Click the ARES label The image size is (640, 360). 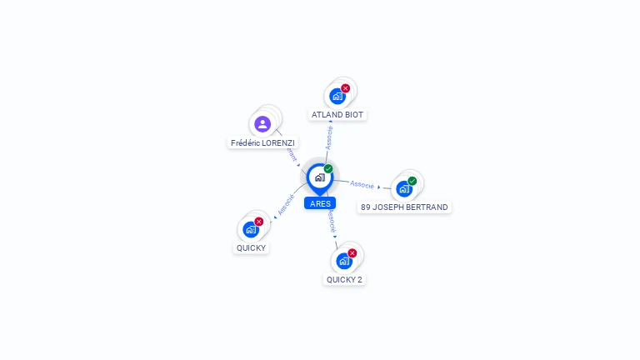click(x=320, y=203)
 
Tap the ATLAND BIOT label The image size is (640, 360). click(x=337, y=114)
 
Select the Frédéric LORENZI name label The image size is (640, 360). click(x=262, y=142)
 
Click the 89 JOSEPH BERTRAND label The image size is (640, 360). click(x=404, y=207)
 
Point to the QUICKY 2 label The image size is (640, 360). click(x=344, y=279)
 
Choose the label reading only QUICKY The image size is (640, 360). click(x=252, y=247)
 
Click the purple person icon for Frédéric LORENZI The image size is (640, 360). click(x=262, y=124)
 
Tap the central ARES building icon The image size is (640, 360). click(x=319, y=177)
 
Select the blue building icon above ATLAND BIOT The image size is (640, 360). click(x=337, y=96)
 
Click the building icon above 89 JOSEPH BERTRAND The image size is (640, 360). click(x=403, y=188)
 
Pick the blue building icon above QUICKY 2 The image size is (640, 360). click(x=343, y=261)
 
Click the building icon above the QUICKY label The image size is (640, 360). click(x=250, y=229)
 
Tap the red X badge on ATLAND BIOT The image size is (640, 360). click(x=345, y=88)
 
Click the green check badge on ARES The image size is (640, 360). click(x=328, y=169)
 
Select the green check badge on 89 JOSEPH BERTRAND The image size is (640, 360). click(x=412, y=181)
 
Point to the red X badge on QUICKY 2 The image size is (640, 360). click(x=352, y=253)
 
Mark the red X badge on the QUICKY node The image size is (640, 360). click(x=258, y=222)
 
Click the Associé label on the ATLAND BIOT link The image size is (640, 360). click(x=329, y=137)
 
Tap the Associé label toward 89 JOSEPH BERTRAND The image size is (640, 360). click(x=362, y=184)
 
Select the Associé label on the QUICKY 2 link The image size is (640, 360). click(x=331, y=221)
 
